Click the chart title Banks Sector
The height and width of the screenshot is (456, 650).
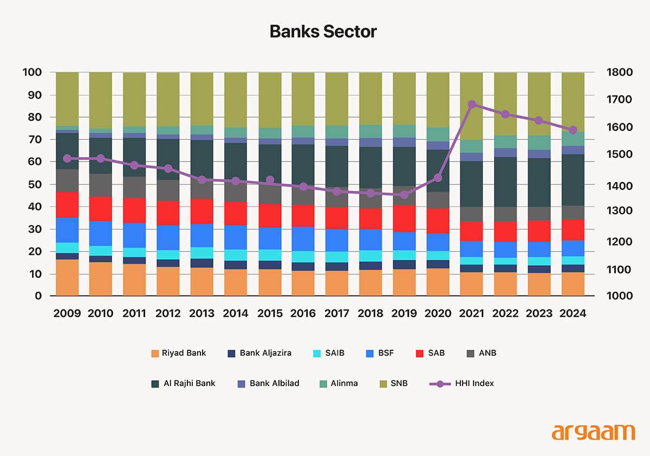323,31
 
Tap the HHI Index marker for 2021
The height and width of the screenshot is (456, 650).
472,104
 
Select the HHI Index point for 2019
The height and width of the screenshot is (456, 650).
404,195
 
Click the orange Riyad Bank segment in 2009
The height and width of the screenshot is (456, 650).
67,278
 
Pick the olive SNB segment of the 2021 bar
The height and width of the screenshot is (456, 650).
472,106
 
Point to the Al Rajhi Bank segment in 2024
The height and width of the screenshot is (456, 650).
573,179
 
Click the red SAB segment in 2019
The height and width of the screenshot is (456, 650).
404,218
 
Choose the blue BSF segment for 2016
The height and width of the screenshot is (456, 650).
303,239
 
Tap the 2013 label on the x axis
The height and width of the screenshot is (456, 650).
201,313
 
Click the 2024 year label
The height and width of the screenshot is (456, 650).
573,313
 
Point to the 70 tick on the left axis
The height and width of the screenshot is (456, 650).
32,140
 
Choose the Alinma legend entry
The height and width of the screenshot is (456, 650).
339,383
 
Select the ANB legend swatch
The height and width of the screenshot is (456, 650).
470,353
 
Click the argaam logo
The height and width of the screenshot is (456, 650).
593,433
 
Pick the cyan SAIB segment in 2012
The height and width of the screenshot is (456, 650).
168,255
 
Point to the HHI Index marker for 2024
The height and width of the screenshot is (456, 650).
573,130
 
